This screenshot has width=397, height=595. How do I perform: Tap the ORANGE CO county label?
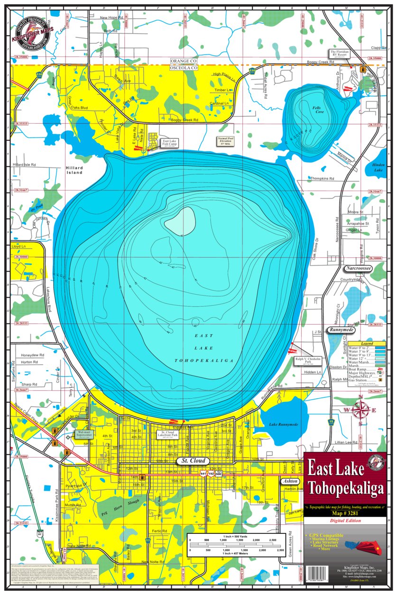184,62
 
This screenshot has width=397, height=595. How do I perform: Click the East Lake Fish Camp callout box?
169,142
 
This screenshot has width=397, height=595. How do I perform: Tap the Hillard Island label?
74,170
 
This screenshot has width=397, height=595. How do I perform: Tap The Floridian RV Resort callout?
340,54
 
